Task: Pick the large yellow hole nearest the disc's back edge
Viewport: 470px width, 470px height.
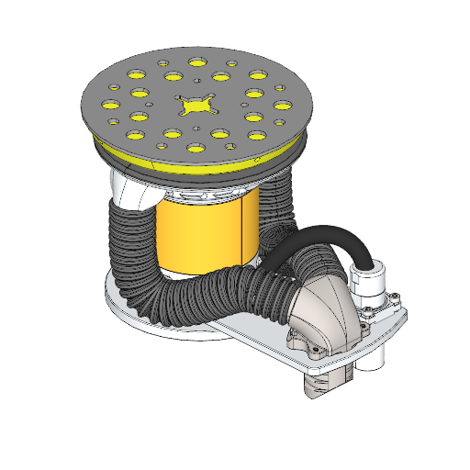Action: pos(197,62)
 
